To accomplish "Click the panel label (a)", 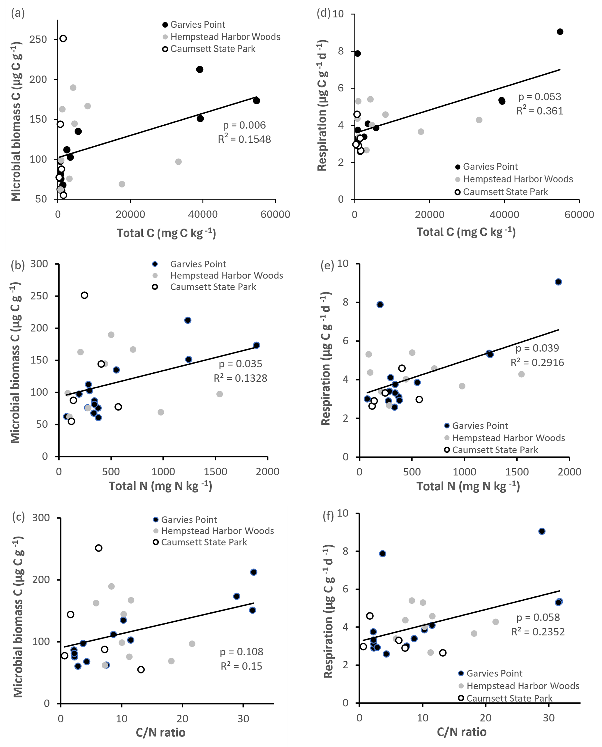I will pos(18,13).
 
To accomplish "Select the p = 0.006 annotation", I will pos(244,125).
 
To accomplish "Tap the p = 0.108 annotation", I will pos(241,652).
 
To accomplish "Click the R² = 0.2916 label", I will pos(537,362).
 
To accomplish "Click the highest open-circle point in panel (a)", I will pos(63,38).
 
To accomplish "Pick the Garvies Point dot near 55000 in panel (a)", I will pos(256,101).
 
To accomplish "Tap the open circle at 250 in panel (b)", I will pos(84,295).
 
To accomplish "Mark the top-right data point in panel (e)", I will pos(558,282).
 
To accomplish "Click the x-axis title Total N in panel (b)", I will pos(160,486).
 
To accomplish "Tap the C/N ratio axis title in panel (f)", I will pos(461,732).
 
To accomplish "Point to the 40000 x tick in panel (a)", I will pos(203,215).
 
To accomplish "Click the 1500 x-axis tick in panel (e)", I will pos(517,472).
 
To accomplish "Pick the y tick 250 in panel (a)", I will pos(38,40).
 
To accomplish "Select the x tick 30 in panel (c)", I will pos(243,718).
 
